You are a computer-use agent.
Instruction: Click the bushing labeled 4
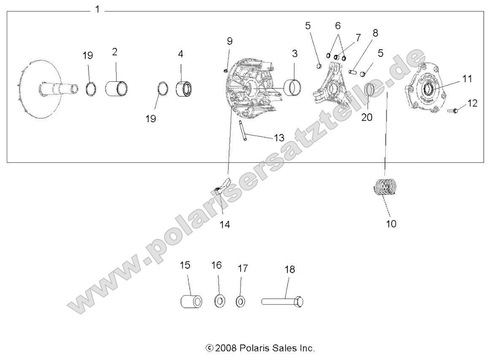point(184,89)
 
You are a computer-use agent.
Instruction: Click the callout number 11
point(467,79)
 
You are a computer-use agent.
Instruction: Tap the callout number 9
point(230,41)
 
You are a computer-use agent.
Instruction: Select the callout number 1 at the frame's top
point(97,9)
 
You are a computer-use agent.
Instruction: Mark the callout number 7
point(358,38)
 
